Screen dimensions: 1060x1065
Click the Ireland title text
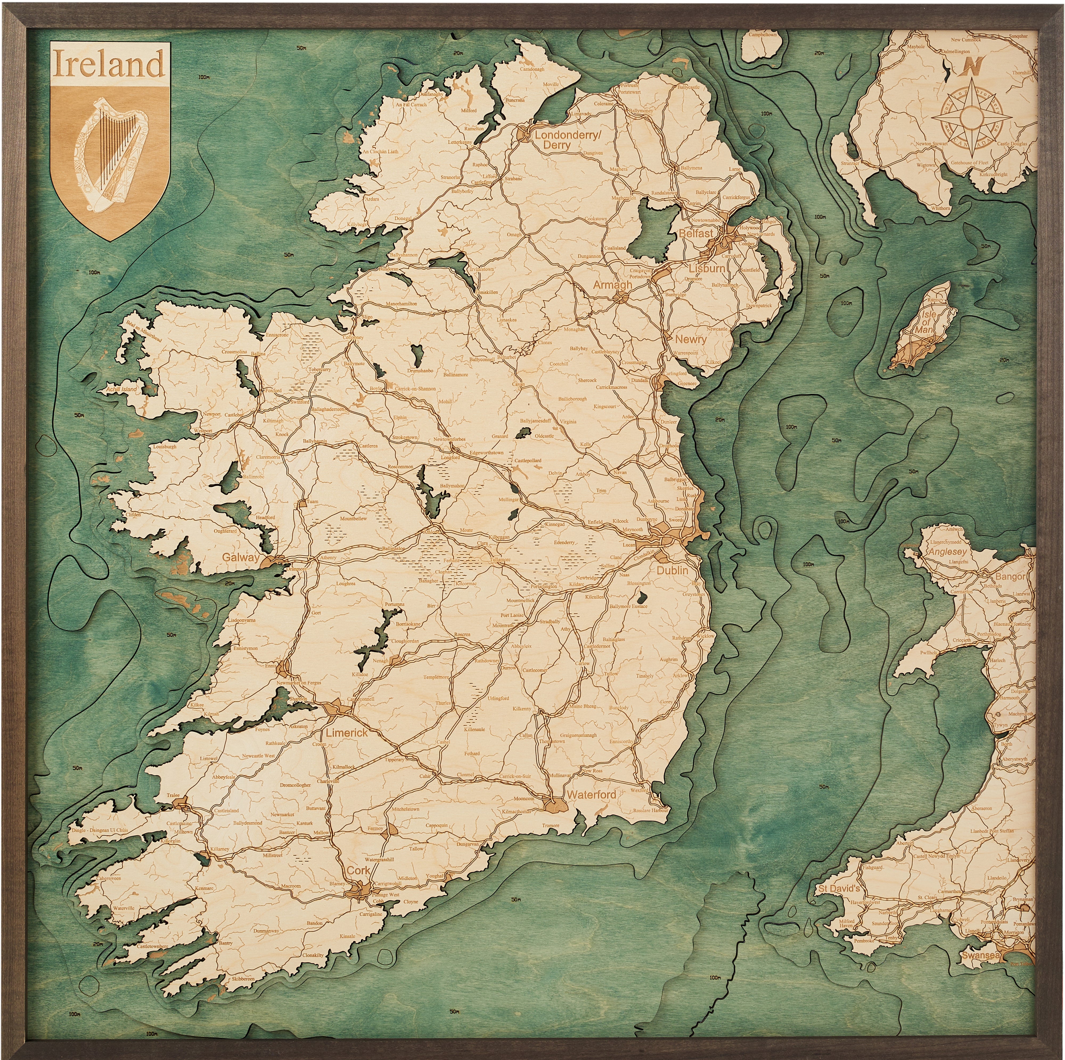[109, 64]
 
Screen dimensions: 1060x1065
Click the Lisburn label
[707, 268]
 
